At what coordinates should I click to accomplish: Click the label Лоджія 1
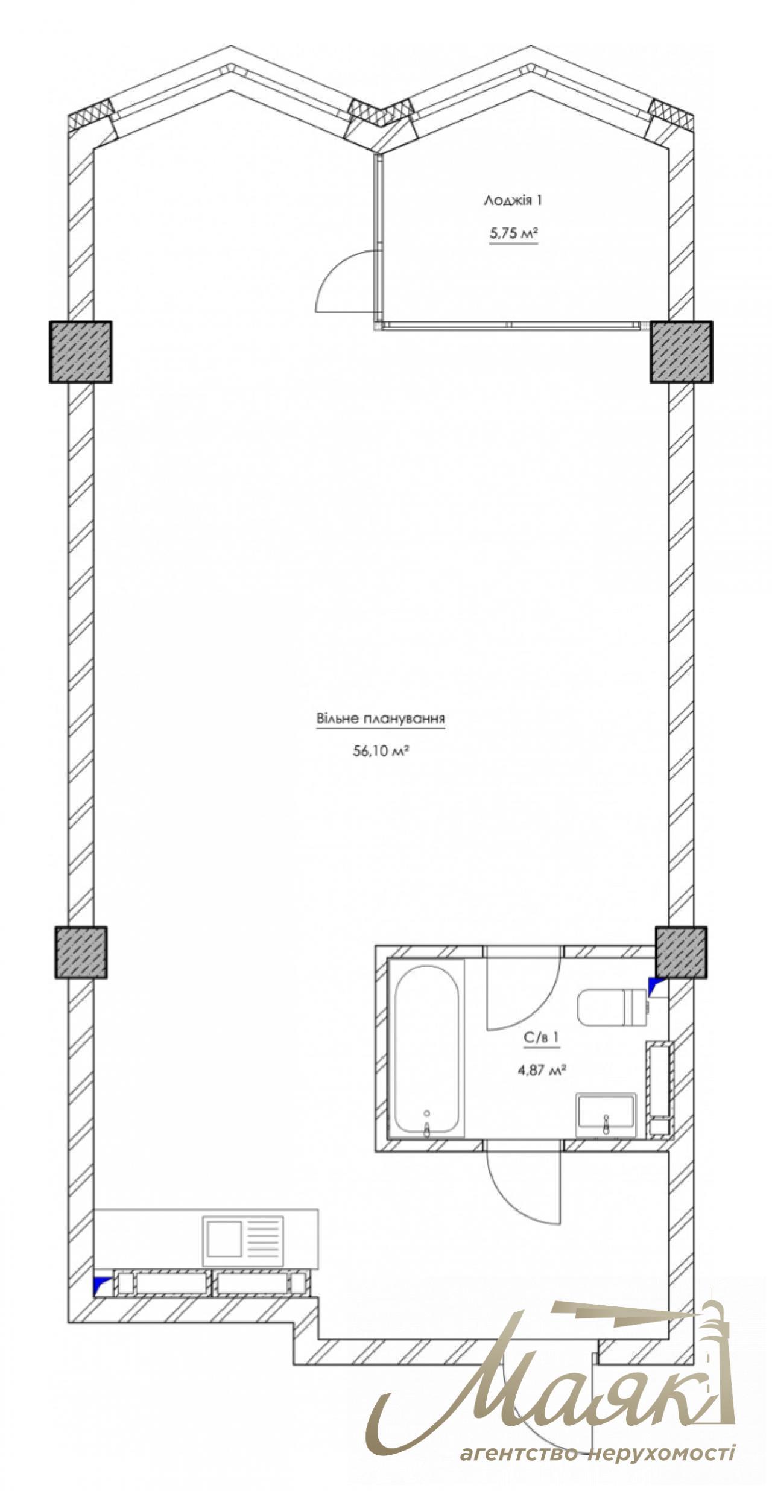[x=513, y=201]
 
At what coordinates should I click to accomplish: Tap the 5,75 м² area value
[x=513, y=233]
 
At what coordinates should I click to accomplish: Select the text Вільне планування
[x=381, y=719]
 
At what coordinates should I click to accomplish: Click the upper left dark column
[x=81, y=352]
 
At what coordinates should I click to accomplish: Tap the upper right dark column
[x=682, y=352]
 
